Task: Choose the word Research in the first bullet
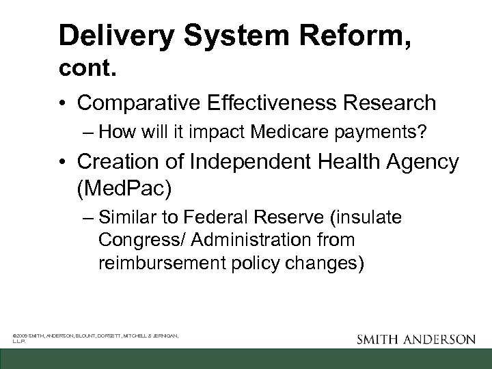click(392, 103)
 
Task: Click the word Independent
click(241, 163)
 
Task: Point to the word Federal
click(209, 218)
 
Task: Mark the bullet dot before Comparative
click(63, 104)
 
